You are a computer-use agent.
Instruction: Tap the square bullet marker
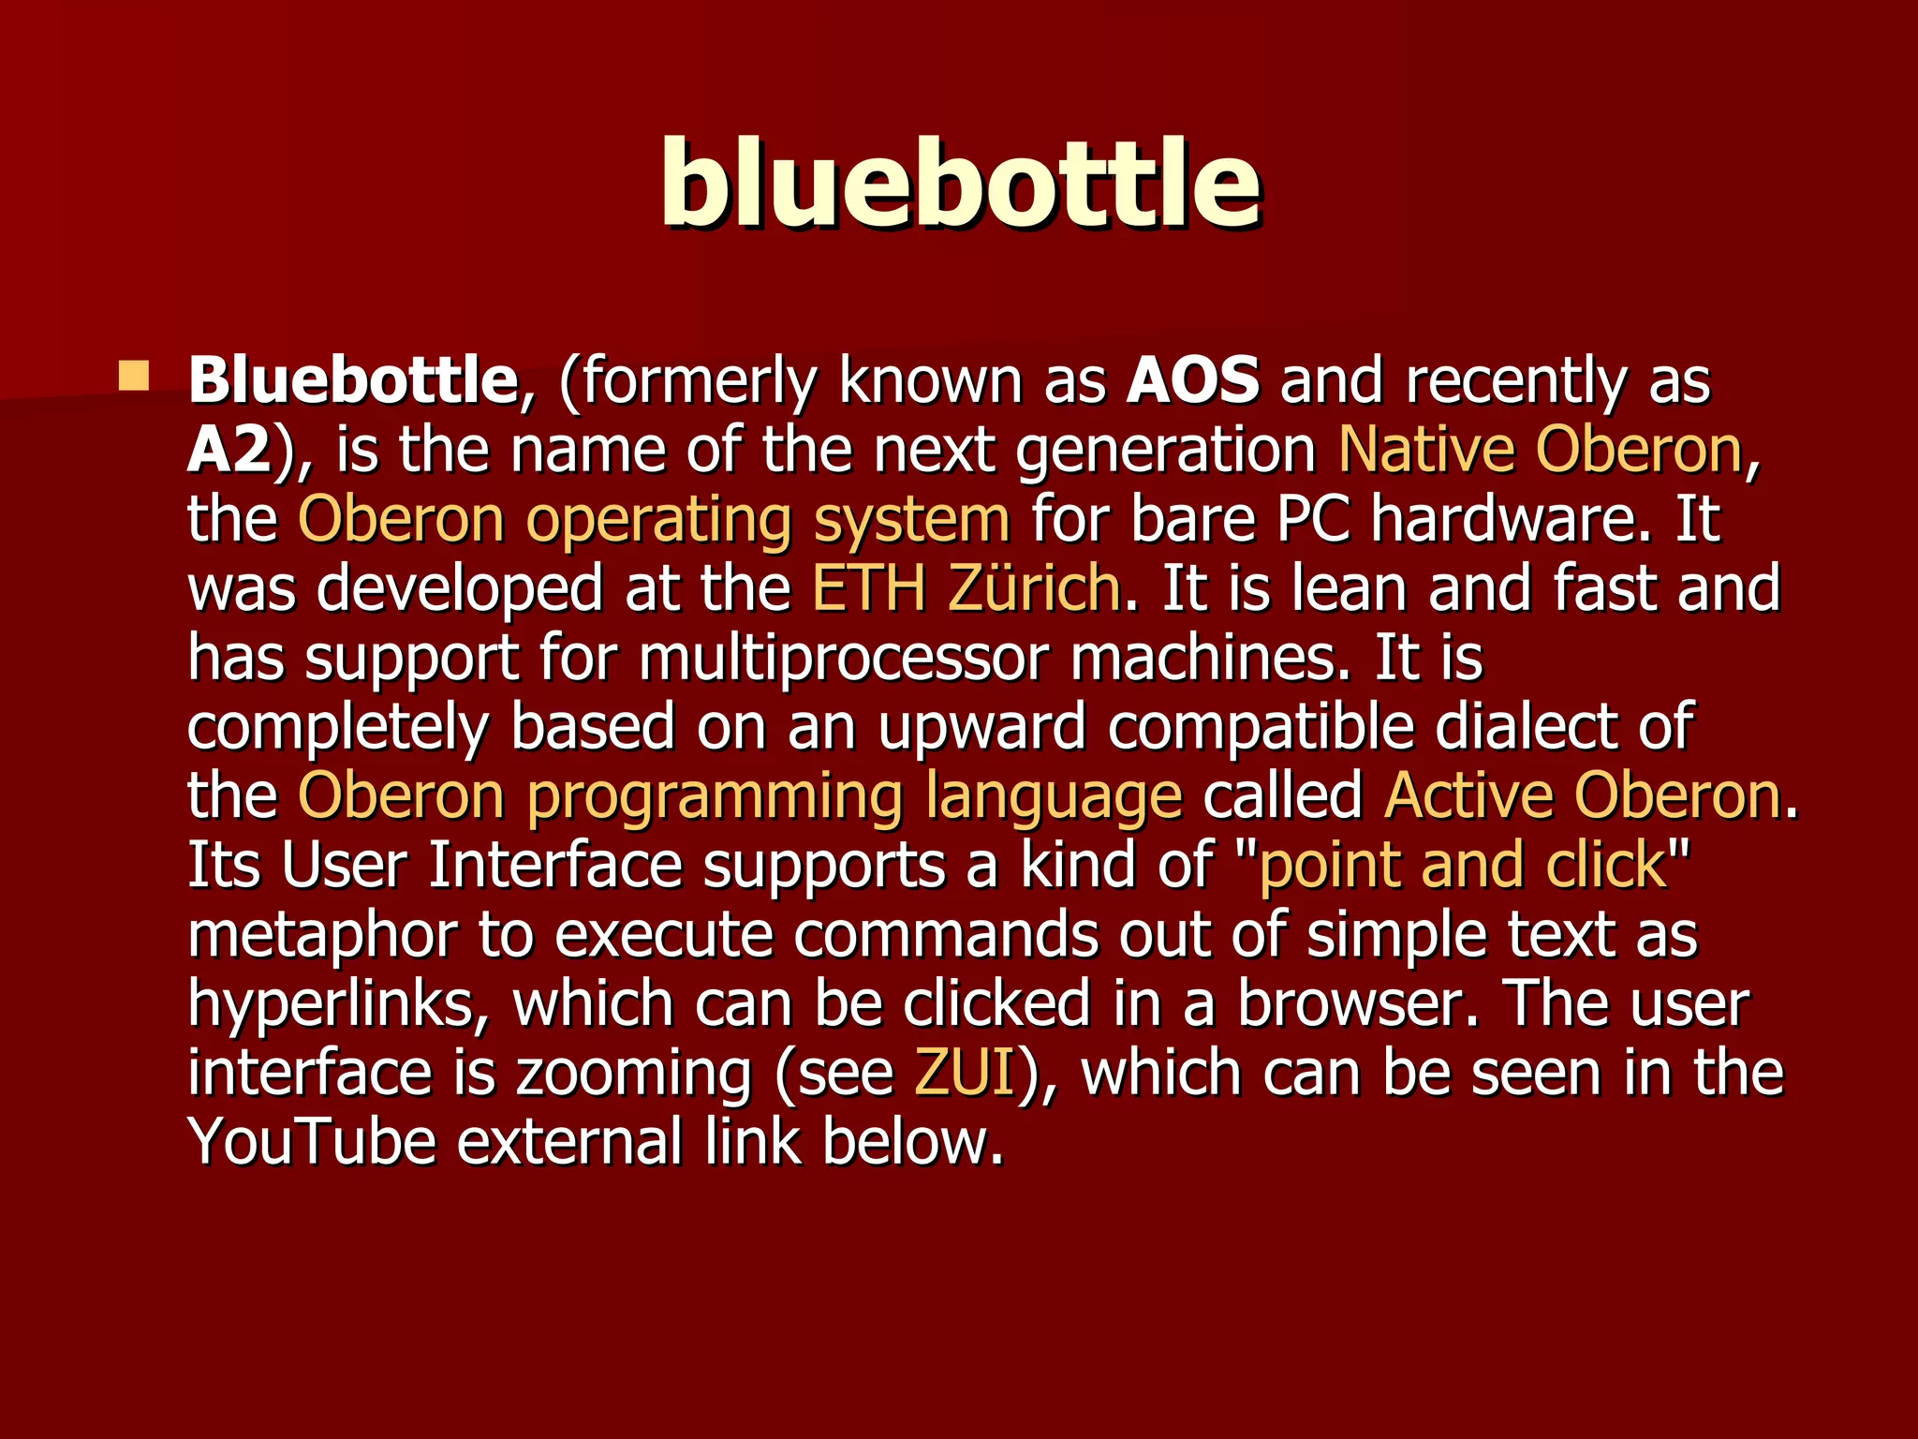tap(134, 378)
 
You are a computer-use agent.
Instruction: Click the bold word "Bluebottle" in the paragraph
tap(352, 380)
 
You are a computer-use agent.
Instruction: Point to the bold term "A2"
tap(229, 450)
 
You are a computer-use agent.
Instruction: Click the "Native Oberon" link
tap(1540, 450)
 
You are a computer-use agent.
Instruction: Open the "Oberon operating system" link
tap(654, 519)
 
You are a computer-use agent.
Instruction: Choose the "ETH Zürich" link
tap(966, 588)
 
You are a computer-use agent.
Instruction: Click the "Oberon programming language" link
tap(740, 796)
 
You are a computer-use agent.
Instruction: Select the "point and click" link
tap(1463, 865)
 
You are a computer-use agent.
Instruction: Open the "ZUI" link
tap(965, 1073)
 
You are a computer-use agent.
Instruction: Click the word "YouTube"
tap(312, 1142)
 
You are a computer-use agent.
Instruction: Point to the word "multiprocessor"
tap(843, 658)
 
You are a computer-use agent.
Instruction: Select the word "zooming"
tap(633, 1074)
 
